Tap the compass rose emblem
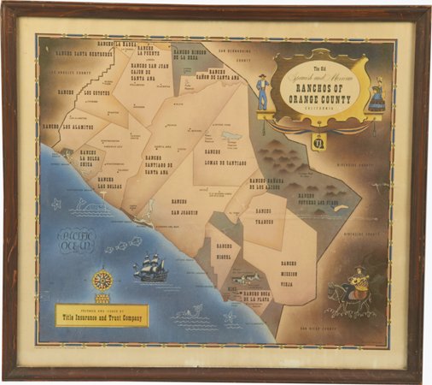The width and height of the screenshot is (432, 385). click(103, 281)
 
